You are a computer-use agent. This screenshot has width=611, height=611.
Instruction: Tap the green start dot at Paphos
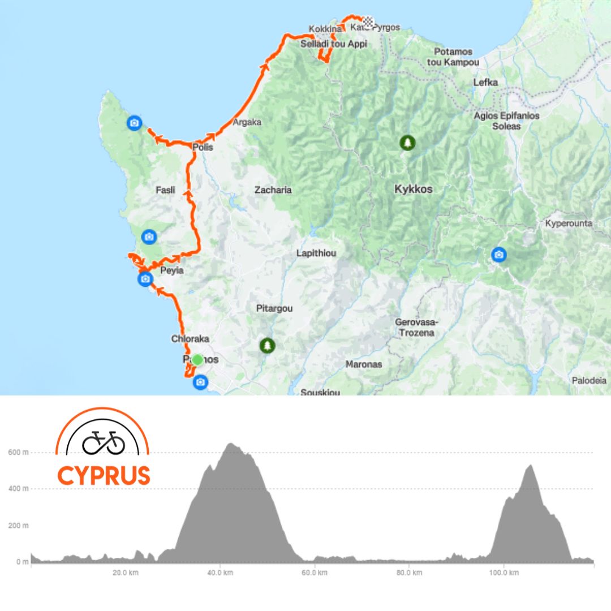coord(197,359)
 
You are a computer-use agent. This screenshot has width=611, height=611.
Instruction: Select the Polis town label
coord(202,148)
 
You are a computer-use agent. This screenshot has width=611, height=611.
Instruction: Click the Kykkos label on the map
coord(414,190)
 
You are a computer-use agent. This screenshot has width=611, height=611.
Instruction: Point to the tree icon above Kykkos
coord(407,143)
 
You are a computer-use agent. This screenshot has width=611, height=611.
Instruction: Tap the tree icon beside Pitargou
coord(267,345)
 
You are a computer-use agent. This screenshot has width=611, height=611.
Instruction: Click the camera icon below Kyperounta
coord(498,255)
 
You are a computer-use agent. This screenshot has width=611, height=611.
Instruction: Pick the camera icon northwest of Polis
coord(134,122)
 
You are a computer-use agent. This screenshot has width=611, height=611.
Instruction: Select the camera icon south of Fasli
coord(149,236)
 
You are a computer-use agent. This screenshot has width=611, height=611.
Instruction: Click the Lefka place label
coord(485,83)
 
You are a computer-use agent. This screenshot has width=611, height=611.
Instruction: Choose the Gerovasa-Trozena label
coord(415,327)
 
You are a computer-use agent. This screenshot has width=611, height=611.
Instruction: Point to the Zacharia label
coord(273,190)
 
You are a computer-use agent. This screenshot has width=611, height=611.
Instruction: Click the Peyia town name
coord(172,270)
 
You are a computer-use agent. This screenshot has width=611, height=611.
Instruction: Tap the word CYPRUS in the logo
coord(104,475)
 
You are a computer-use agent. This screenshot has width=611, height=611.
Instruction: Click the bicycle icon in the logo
coord(104,442)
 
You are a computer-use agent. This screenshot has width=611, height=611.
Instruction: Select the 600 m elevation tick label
coord(18,452)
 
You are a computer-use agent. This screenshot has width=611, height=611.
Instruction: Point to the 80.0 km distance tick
coord(408,573)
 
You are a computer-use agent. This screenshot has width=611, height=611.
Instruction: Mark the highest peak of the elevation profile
coord(231,444)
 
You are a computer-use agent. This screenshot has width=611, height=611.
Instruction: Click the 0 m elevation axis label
coord(21,562)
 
